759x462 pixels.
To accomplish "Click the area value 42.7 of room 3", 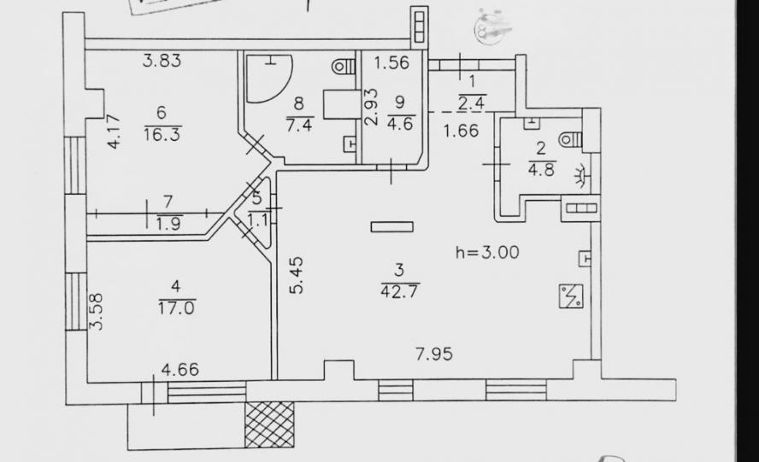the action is pyautogui.click(x=400, y=292).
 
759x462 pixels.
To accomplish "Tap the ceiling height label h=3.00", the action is pyautogui.click(x=487, y=252).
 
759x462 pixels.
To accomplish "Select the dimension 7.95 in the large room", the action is pyautogui.click(x=434, y=354).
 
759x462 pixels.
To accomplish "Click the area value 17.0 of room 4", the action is pyautogui.click(x=177, y=307).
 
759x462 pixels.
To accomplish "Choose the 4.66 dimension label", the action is pyautogui.click(x=180, y=370).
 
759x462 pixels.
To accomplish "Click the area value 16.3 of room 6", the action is pyautogui.click(x=162, y=133).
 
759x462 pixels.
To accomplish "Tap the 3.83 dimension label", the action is pyautogui.click(x=162, y=61).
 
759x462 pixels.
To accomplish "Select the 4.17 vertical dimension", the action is pyautogui.click(x=114, y=132).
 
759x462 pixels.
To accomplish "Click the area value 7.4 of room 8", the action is pyautogui.click(x=300, y=125).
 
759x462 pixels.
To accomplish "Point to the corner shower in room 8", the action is pyautogui.click(x=269, y=78).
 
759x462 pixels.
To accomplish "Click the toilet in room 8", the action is pyautogui.click(x=344, y=67).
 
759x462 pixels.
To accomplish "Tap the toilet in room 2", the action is pyautogui.click(x=570, y=140).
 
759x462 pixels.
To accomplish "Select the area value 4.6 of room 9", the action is pyautogui.click(x=400, y=123).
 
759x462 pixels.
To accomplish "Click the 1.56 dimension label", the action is pyautogui.click(x=392, y=62).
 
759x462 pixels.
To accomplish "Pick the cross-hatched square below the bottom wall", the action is pyautogui.click(x=269, y=424).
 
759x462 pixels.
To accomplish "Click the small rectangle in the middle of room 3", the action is pyautogui.click(x=392, y=226).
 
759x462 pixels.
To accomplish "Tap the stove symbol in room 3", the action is pyautogui.click(x=571, y=296).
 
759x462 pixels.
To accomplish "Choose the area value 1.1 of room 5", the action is pyautogui.click(x=258, y=220).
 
